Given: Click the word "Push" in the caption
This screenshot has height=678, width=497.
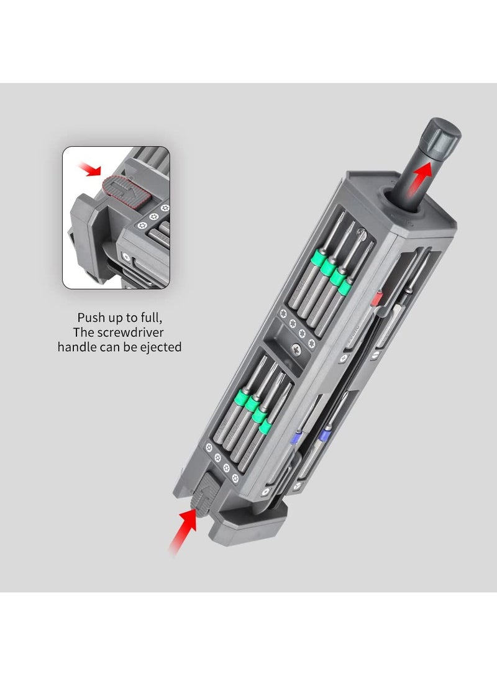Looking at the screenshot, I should click(91, 316).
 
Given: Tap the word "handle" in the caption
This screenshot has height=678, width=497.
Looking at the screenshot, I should click(77, 347).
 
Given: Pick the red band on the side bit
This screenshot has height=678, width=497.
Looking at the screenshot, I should click(375, 301).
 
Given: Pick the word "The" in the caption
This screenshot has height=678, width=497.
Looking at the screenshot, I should click(83, 332).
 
